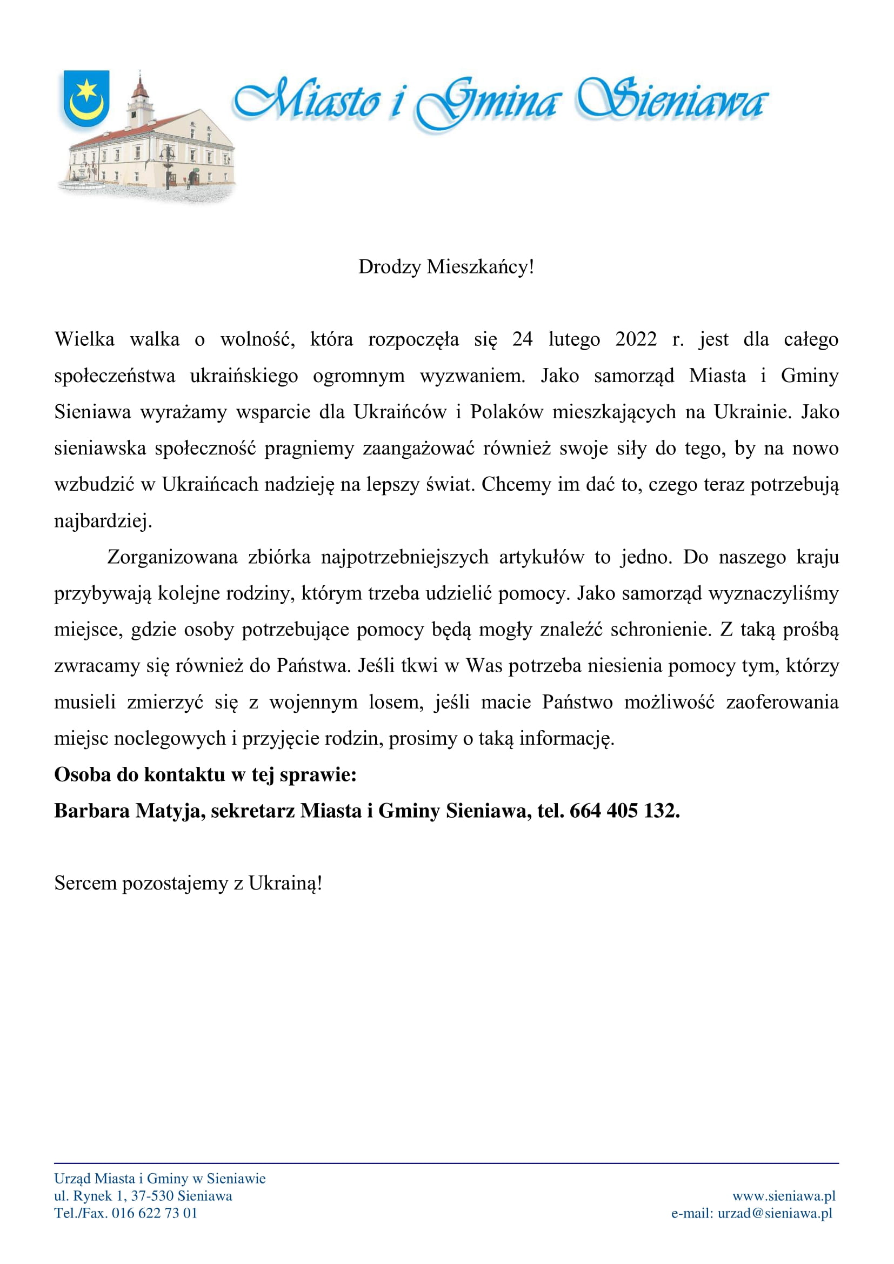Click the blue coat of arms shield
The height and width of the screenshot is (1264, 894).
click(86, 98)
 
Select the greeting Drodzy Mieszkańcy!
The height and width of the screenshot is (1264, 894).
click(446, 267)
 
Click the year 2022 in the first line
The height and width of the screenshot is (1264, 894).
click(636, 339)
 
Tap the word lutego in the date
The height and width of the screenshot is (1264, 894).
click(574, 339)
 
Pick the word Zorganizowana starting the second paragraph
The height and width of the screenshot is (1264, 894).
click(172, 557)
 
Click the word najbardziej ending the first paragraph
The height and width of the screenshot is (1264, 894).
click(102, 521)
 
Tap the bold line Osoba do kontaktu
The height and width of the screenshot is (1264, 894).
click(205, 774)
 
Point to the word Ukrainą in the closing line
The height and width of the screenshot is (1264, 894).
click(284, 883)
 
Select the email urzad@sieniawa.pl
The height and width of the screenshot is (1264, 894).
click(775, 1213)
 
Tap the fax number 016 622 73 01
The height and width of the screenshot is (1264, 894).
click(154, 1213)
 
